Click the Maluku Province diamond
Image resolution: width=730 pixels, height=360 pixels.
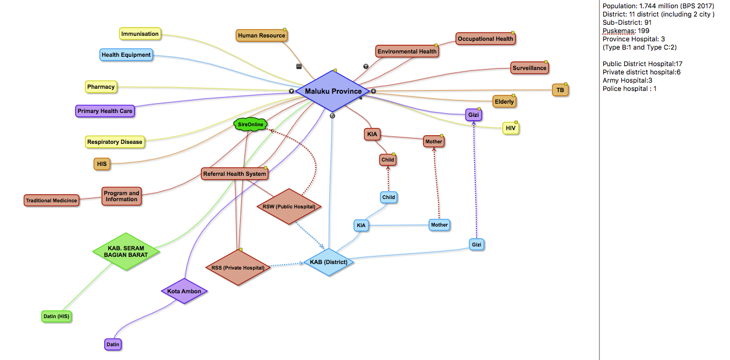coord(332,91)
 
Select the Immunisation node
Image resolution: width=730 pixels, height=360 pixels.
coord(140,34)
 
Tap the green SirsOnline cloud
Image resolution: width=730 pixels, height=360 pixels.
coord(250,125)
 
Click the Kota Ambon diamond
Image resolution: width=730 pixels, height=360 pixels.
coord(184,291)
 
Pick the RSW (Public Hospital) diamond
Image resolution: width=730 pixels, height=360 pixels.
coord(289,207)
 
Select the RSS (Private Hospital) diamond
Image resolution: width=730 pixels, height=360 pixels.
coord(238,267)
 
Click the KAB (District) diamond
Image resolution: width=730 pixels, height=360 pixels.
coord(329,262)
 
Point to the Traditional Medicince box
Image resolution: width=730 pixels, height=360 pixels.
coord(51,200)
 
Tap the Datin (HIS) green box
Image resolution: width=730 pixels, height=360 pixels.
coord(56,316)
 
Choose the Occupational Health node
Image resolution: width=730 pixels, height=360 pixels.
coord(485,39)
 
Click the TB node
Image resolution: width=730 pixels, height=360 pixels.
coord(560,90)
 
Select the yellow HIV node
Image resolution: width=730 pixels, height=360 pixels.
coord(511,128)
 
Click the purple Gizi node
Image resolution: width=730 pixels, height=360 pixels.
coord(473,115)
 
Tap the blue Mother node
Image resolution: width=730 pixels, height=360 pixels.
coord(439,225)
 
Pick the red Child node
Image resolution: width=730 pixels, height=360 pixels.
coord(388,160)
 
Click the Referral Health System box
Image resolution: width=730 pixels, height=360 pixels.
coord(235,174)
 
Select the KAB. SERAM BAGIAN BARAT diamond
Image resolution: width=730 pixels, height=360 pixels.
coord(126,251)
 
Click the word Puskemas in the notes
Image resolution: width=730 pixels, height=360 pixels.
coord(619,31)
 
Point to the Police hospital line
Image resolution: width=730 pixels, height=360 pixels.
coord(629,89)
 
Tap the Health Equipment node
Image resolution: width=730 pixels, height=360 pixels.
coord(126,55)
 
